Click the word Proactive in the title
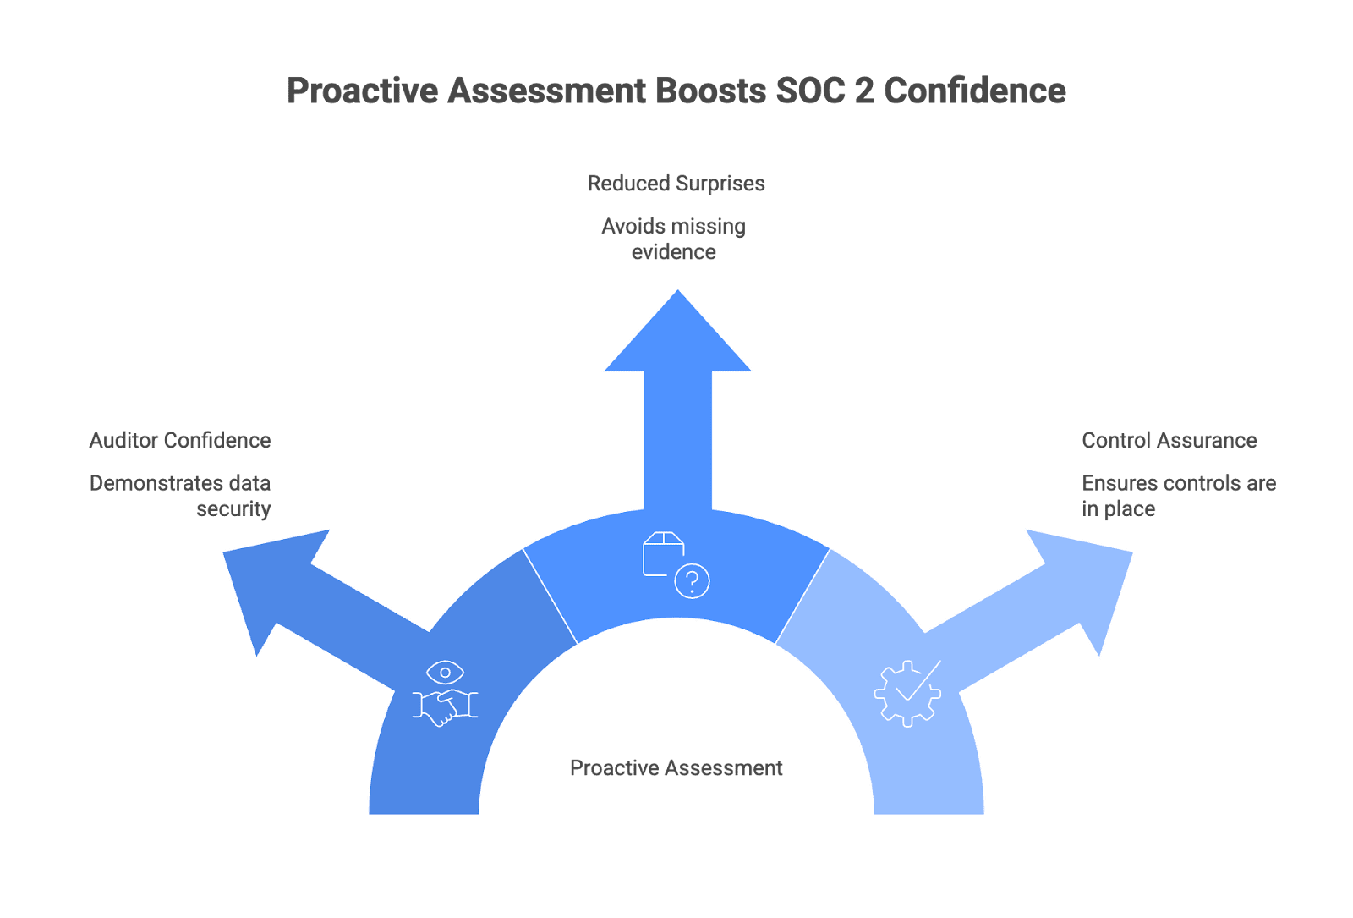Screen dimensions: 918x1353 click(363, 91)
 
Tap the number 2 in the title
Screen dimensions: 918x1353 click(863, 91)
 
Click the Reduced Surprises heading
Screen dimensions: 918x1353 click(676, 184)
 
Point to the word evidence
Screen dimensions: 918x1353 click(673, 252)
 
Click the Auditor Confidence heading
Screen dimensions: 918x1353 click(179, 440)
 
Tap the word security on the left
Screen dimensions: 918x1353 click(233, 508)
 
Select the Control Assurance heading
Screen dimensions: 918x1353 click(1169, 440)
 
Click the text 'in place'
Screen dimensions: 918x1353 click(1118, 508)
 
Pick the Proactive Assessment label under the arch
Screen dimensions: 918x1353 click(676, 768)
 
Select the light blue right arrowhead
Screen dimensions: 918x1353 click(1091, 584)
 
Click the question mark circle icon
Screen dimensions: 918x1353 click(692, 581)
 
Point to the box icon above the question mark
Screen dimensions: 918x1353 click(662, 552)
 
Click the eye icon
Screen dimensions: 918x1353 click(445, 673)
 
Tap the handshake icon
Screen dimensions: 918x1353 click(445, 707)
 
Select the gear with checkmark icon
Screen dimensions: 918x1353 click(907, 693)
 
